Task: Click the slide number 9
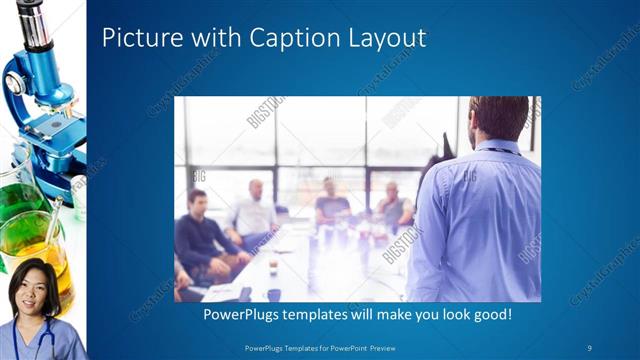point(590,348)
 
